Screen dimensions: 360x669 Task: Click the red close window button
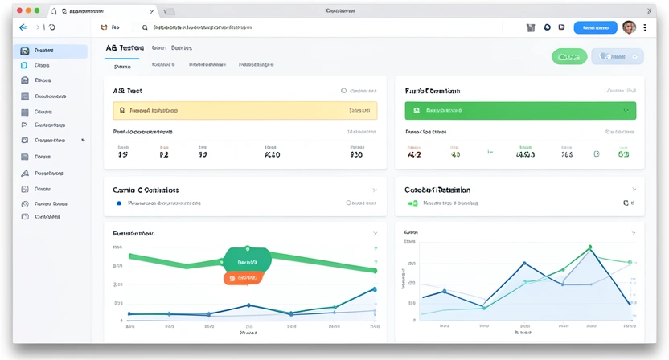19,11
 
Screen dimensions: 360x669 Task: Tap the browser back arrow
23,27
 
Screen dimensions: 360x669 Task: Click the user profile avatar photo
629,27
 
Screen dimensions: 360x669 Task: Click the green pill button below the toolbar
568,56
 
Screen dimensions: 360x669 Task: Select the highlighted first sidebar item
52,51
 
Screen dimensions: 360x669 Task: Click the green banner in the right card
520,110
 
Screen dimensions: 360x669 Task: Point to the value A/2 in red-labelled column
415,154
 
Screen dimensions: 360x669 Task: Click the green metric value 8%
623,154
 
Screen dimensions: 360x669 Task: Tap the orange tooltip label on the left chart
244,277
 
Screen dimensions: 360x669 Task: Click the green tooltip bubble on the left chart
247,261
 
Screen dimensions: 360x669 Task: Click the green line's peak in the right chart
589,247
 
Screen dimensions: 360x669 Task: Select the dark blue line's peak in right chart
524,263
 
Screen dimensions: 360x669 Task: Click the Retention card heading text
438,190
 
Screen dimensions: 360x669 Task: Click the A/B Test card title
128,92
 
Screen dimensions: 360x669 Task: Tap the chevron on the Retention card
633,190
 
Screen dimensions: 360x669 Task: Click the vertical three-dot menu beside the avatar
645,27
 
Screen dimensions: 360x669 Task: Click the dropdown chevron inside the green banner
626,110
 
